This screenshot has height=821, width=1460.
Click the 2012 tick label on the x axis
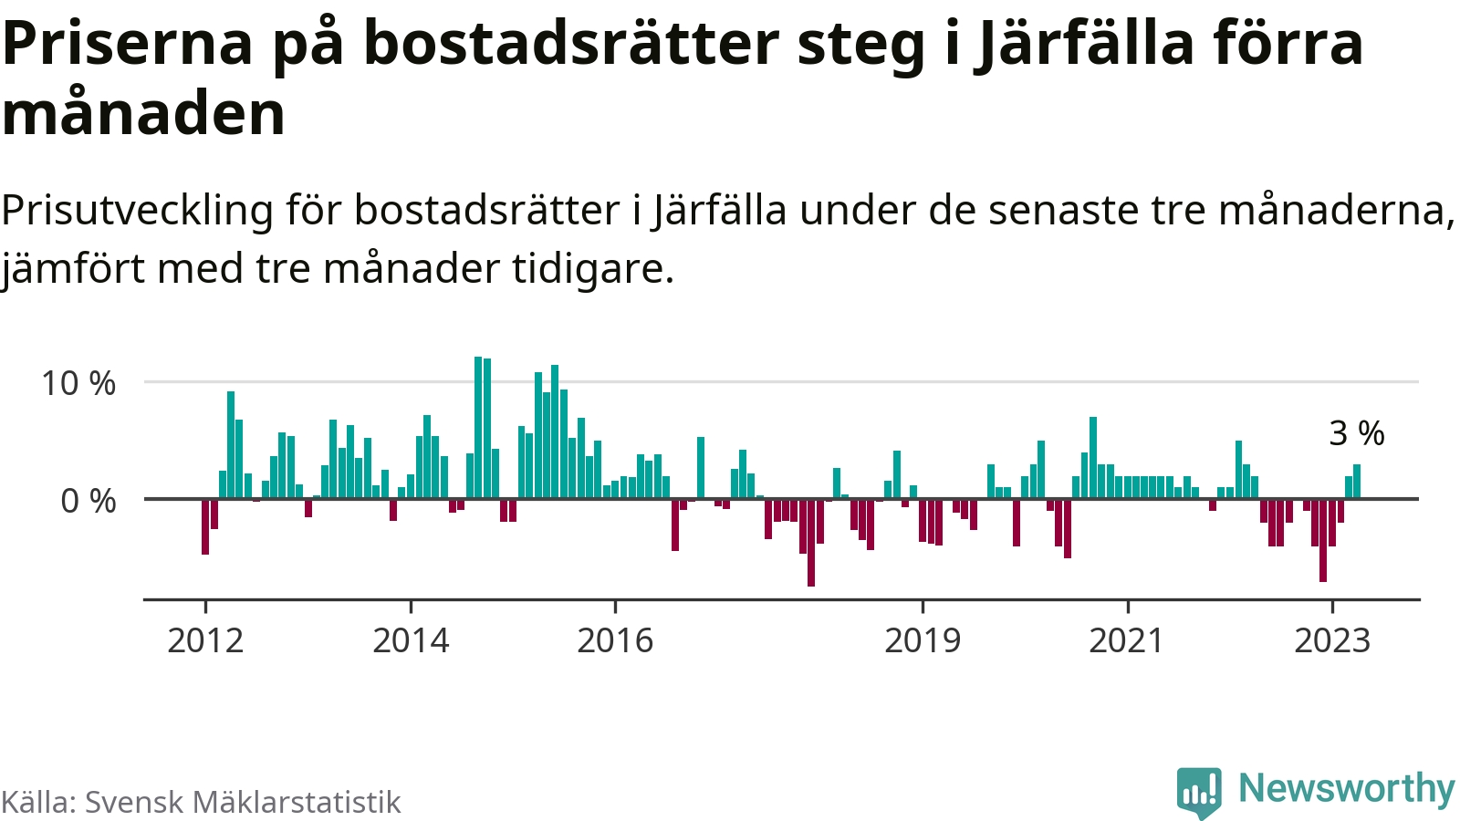(205, 640)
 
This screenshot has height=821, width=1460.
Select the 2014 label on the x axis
(411, 640)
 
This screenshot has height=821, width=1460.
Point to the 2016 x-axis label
(615, 640)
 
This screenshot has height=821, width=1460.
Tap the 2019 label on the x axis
(923, 640)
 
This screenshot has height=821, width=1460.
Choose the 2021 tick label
(1127, 640)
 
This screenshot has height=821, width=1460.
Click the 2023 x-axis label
(1332, 640)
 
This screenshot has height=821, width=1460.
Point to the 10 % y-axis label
(78, 383)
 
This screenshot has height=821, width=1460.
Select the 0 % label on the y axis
(89, 501)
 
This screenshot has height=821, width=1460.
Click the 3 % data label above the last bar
(1357, 433)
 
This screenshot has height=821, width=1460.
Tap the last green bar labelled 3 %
(1357, 482)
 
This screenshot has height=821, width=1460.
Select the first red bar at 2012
(205, 526)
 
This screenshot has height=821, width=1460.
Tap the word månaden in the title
(144, 114)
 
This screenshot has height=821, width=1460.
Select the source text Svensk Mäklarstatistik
(243, 802)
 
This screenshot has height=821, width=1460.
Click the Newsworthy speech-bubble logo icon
(1198, 791)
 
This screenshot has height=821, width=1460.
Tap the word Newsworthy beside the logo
(1346, 788)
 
